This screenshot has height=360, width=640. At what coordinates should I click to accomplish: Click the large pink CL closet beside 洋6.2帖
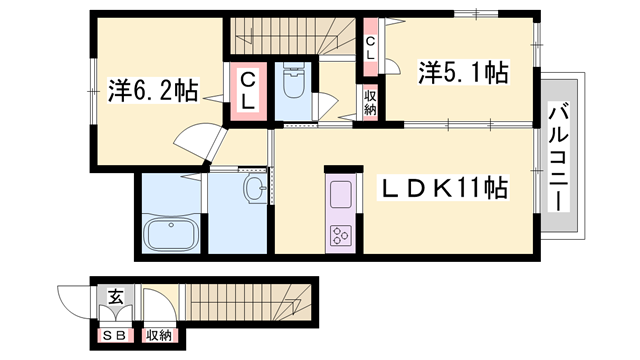point(246,93)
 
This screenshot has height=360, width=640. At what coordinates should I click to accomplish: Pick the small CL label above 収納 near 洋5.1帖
point(370,47)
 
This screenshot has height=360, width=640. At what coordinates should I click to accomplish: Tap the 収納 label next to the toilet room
point(369,103)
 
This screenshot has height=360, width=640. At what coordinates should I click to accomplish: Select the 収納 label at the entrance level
point(158,336)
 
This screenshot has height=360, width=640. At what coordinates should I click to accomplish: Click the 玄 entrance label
point(115,296)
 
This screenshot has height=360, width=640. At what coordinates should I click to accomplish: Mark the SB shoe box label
point(114,336)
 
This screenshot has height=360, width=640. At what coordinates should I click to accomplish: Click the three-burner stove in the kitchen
point(340,235)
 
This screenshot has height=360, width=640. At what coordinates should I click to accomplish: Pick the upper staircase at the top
point(290,35)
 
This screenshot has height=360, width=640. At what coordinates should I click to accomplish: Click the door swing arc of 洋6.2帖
point(195,140)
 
